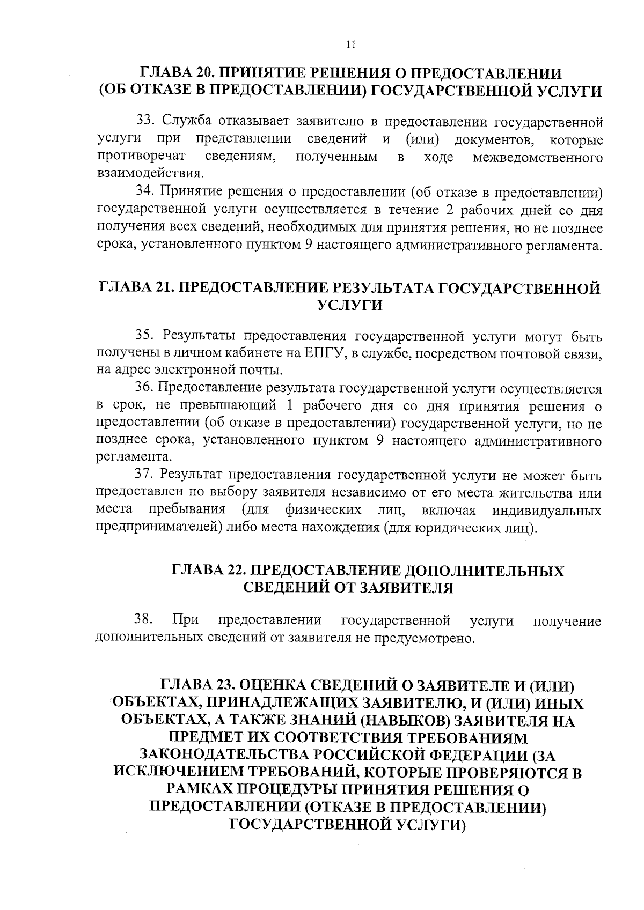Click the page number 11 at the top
pos(351,45)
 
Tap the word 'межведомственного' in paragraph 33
pos(537,158)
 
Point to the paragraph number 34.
pos(144,192)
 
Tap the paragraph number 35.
pos(144,336)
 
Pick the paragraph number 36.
pos(144,388)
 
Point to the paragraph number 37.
pos(144,475)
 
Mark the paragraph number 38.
pos(143,620)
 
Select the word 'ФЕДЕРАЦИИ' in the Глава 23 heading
pos(477,756)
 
